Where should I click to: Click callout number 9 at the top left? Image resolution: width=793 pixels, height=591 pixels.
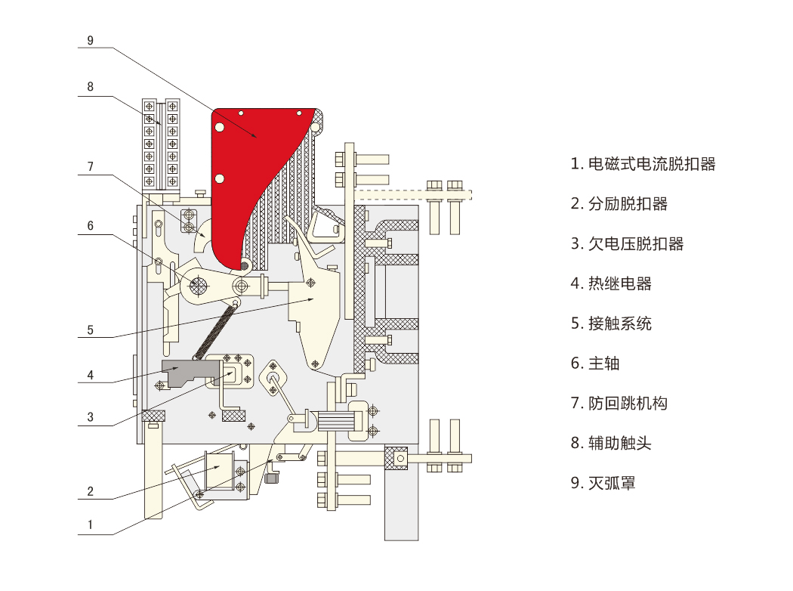(x=90, y=41)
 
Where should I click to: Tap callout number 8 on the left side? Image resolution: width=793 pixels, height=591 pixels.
(x=90, y=86)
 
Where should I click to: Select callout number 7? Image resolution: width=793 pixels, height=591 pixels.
(x=90, y=166)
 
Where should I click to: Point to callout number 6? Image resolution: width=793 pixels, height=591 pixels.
(x=90, y=226)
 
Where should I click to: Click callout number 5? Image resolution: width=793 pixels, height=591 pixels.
(x=90, y=330)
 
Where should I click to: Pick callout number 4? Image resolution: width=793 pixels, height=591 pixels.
(x=90, y=375)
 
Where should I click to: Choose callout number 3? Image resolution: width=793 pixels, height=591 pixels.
(x=90, y=417)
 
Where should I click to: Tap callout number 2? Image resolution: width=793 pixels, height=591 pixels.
(x=90, y=491)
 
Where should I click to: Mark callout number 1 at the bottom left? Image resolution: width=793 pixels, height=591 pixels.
(x=90, y=524)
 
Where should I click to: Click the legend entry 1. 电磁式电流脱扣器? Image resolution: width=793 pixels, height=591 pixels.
(x=643, y=164)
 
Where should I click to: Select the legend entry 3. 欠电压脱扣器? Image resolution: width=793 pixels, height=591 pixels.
(x=627, y=244)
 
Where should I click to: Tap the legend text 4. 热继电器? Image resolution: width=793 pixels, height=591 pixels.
(x=611, y=283)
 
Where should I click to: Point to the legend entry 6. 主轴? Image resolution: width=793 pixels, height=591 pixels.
(x=595, y=364)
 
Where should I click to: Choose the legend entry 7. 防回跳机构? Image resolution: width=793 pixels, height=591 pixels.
(x=619, y=404)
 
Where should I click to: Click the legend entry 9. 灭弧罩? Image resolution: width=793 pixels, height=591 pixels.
(x=603, y=483)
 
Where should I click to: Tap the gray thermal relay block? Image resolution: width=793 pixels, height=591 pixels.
(x=190, y=372)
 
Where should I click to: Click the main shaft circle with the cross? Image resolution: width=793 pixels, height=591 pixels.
(x=199, y=286)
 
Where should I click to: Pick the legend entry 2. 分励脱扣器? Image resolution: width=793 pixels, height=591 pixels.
(x=619, y=204)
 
